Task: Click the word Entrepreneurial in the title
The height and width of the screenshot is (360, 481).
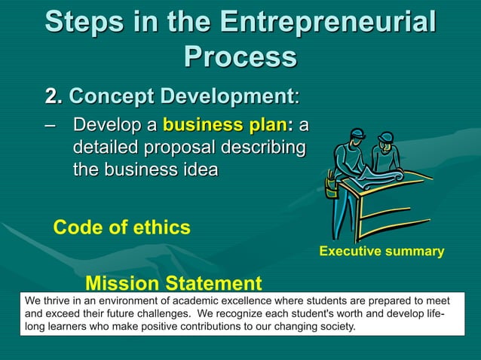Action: (328, 22)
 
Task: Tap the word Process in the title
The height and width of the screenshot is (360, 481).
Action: (240, 56)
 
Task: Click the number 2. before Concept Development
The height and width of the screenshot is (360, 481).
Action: (54, 97)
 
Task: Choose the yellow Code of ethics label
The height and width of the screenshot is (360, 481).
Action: (121, 227)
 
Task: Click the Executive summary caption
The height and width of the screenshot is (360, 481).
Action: (381, 252)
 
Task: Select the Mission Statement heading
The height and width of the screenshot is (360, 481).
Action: (173, 284)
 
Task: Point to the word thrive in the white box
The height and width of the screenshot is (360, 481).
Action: (58, 301)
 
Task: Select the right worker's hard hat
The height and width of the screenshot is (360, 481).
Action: (386, 137)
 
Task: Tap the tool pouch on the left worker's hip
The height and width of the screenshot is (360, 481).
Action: (329, 184)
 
